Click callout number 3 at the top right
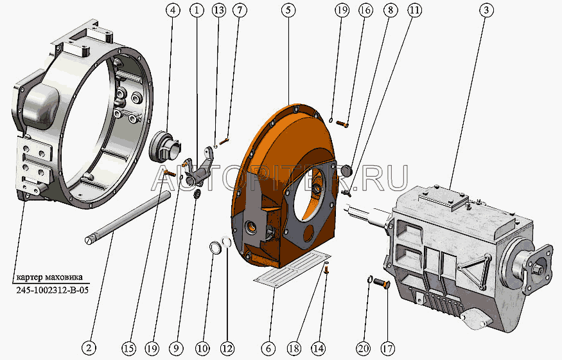pos(486,10)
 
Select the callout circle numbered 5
pos(288,10)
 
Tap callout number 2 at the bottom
pos(89,347)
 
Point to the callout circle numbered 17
pos(387,348)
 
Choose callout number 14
pos(319,348)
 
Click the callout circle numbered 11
pos(414,10)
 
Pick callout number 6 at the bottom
pos(268,348)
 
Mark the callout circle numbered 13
pos(218,10)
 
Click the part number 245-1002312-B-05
pos(52,290)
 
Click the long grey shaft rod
pos(128,217)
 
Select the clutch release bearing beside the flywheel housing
pos(165,148)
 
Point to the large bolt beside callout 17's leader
pos(382,283)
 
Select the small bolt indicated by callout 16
pos(342,123)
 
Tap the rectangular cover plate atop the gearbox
pos(444,199)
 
